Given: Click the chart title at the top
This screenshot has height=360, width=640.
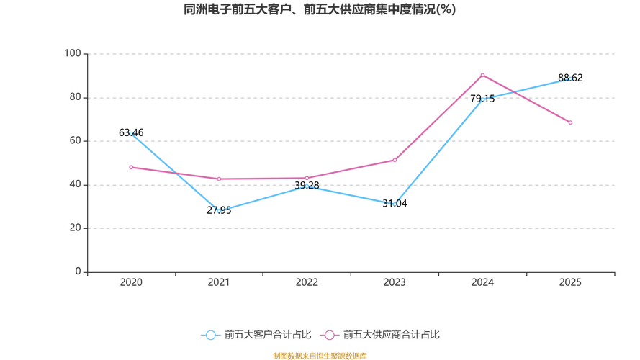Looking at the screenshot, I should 320,10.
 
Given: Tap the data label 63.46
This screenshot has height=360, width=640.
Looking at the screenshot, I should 131,132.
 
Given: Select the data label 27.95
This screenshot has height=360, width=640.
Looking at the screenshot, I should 219,210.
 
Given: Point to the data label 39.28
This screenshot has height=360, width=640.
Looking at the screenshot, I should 307,185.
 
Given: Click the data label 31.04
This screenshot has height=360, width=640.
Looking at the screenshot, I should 395,203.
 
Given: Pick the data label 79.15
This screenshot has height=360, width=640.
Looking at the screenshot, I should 482,99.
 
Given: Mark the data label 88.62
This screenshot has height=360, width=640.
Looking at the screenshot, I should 570,78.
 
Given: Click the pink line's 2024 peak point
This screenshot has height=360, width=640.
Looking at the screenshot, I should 482,75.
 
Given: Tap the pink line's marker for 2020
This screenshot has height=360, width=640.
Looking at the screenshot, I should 131,167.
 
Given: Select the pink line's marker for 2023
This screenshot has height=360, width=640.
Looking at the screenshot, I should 395,160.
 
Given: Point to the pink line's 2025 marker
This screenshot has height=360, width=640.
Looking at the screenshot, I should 570,122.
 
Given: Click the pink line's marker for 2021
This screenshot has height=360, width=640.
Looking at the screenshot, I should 219,179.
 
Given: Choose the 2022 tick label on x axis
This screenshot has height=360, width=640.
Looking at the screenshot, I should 307,283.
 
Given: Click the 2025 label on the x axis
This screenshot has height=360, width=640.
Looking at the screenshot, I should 570,283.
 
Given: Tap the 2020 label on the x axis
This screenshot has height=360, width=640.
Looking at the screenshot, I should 131,283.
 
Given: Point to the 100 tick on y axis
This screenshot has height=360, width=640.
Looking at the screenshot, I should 72,54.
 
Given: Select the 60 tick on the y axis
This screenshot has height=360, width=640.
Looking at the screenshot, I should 75,141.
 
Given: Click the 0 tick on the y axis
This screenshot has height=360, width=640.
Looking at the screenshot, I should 78,271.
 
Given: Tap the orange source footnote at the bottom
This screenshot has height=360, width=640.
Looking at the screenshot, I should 320,356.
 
